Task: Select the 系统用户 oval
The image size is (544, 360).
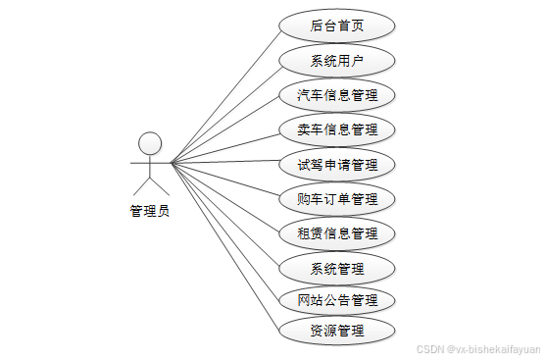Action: tap(337, 61)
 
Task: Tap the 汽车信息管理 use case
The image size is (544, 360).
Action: tap(337, 95)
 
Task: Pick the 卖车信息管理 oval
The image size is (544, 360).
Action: tap(337, 129)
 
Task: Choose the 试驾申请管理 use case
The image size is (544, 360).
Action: tap(337, 163)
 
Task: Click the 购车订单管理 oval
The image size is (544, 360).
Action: tap(337, 199)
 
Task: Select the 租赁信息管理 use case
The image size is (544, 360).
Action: tap(337, 233)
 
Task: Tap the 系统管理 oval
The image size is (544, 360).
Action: tap(337, 268)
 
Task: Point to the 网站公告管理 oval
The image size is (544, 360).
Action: tap(337, 299)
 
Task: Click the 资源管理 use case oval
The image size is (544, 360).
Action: tap(337, 331)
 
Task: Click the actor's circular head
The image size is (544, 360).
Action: tap(150, 143)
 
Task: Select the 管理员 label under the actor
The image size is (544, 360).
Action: tap(149, 210)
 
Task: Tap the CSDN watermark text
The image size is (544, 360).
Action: tap(477, 348)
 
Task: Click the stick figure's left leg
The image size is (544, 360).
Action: tap(140, 186)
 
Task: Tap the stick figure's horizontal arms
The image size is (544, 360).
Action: tap(150, 163)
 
